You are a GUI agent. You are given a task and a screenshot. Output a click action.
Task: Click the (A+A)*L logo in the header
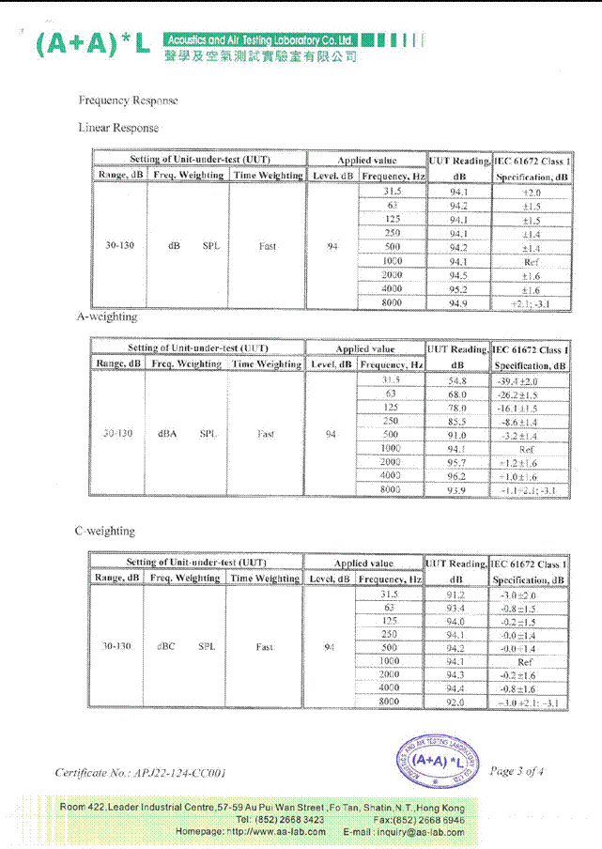pos(91,44)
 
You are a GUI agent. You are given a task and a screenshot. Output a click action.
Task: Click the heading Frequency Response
pos(128,100)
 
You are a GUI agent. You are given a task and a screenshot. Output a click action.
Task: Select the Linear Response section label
pos(118,128)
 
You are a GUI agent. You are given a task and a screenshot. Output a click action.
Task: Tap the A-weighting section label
pos(107,317)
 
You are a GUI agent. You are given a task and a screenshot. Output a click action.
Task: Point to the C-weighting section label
pos(105,532)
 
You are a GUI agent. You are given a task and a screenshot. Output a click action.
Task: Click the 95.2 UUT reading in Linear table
pos(458,289)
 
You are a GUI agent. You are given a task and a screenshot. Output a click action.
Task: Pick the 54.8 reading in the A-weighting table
pos(457,381)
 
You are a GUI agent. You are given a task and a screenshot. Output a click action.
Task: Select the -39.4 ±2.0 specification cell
pos(531,381)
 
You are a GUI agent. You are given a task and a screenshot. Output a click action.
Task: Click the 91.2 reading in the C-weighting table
pos(455,594)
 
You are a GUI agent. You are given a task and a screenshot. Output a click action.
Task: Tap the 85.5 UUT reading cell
pos(457,422)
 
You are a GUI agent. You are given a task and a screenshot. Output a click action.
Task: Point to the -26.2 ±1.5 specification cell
pos(531,395)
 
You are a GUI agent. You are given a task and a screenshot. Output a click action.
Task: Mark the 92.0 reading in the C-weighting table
pos(455,702)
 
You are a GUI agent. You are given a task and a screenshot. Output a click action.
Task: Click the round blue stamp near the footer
pos(437,760)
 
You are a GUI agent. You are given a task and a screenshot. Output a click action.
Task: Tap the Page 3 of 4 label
pos(516,771)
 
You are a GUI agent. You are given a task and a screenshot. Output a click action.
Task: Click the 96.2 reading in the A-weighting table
pos(457,476)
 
